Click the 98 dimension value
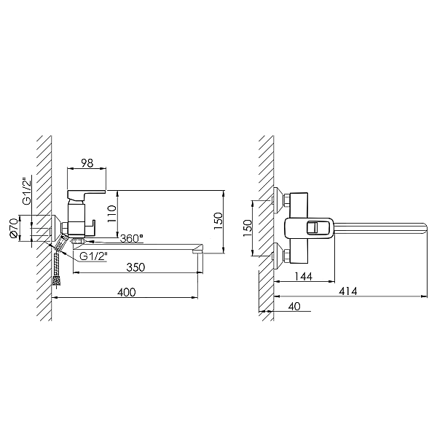(x=87, y=163)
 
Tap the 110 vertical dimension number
(x=111, y=213)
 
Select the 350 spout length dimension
(x=135, y=267)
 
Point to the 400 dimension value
(x=126, y=292)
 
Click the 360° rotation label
(x=132, y=239)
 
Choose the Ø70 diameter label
(x=14, y=228)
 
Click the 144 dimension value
(x=303, y=276)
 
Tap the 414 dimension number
(x=348, y=291)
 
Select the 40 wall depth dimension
(x=294, y=307)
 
